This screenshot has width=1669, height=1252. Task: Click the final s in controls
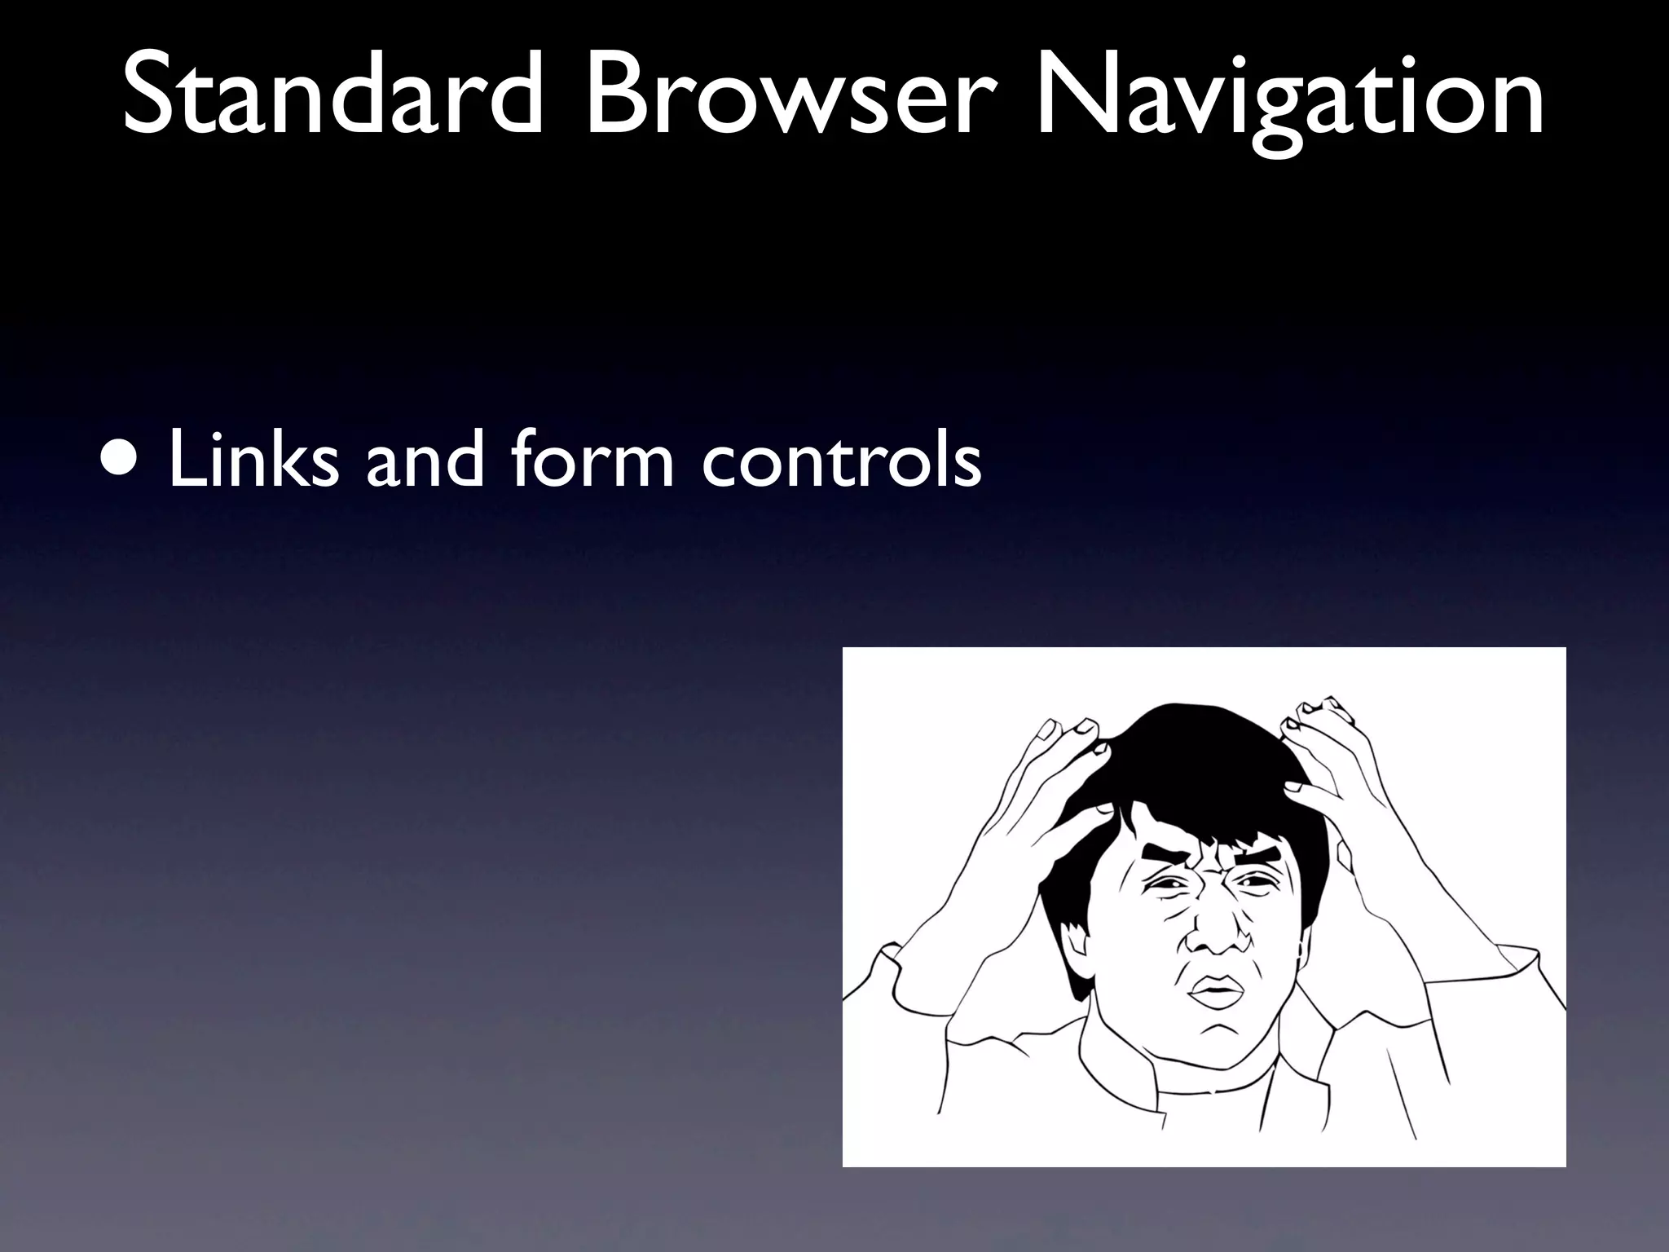click(x=966, y=465)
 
